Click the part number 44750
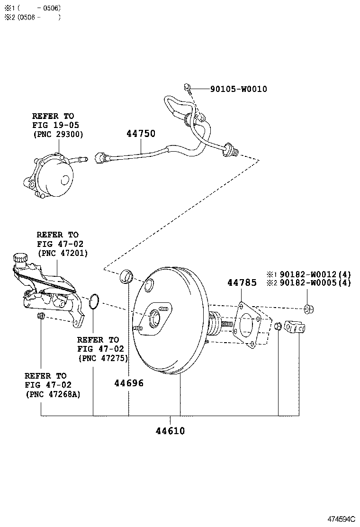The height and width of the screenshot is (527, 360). pos(141,134)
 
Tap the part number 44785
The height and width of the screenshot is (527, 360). pos(242,283)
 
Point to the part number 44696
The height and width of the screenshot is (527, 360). pos(128,383)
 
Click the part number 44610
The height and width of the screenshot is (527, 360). pos(170,431)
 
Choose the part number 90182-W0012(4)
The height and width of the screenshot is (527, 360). pos(315,274)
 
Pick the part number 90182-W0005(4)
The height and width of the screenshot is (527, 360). pos(315,283)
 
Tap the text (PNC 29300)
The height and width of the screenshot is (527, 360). pos(58,134)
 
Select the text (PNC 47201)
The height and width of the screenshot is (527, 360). pos(62,253)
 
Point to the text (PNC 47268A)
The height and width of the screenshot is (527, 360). pos(52,394)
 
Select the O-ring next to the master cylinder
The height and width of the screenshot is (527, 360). pos(94,300)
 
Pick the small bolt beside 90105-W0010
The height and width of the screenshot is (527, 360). pos(187,87)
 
